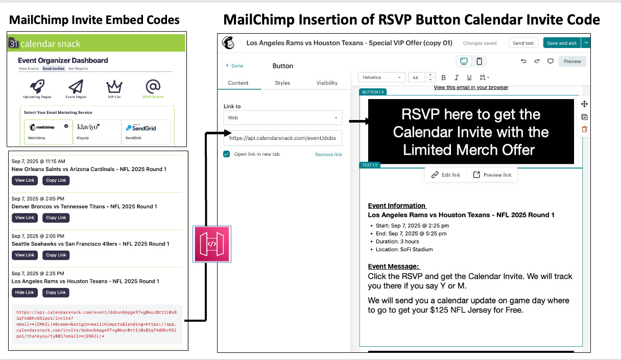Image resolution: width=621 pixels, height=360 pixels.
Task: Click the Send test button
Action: [523, 43]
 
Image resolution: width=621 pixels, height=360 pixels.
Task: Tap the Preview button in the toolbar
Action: [572, 61]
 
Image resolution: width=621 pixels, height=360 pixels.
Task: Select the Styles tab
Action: [282, 83]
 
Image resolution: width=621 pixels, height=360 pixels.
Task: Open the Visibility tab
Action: [327, 83]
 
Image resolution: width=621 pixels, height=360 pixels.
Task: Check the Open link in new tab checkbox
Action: [227, 154]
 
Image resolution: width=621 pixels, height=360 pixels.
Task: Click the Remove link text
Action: [328, 154]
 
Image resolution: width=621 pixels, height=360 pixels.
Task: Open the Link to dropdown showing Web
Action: [283, 117]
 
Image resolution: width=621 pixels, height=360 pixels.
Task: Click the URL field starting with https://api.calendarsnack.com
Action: [283, 138]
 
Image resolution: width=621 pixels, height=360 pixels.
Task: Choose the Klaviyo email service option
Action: [98, 131]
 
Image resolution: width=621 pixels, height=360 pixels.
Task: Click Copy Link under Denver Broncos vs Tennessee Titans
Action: [56, 218]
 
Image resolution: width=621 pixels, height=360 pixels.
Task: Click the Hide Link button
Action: [25, 293]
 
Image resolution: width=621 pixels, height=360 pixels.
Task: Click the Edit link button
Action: [446, 175]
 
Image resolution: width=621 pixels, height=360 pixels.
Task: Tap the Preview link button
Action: [492, 175]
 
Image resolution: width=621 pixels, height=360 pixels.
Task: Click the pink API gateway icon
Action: [212, 244]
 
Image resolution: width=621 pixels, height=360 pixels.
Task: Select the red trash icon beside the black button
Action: [584, 130]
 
